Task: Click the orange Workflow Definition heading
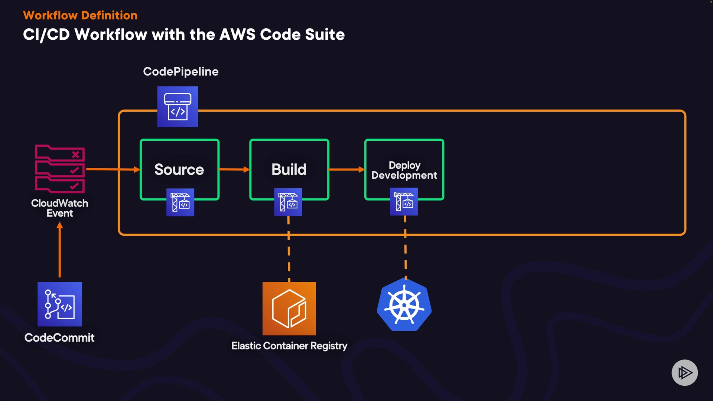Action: (x=80, y=15)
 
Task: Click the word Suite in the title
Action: (x=325, y=35)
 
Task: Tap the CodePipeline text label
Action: (x=181, y=71)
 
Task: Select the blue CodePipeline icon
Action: (x=178, y=107)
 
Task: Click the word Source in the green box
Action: (x=179, y=169)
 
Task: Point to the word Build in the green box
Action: (x=289, y=169)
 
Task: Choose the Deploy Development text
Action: (x=404, y=170)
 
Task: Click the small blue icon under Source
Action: (x=180, y=202)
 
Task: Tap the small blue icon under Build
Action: (x=288, y=202)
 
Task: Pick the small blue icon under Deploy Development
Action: (x=404, y=202)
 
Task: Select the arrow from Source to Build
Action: (x=234, y=169)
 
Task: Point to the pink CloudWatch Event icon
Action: (x=60, y=169)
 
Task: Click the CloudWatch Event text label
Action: (x=60, y=208)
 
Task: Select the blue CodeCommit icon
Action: (x=60, y=304)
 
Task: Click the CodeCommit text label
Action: (x=59, y=338)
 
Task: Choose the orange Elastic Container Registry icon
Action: (x=289, y=309)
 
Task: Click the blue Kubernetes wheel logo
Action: (x=404, y=305)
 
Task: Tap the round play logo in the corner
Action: (x=684, y=372)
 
